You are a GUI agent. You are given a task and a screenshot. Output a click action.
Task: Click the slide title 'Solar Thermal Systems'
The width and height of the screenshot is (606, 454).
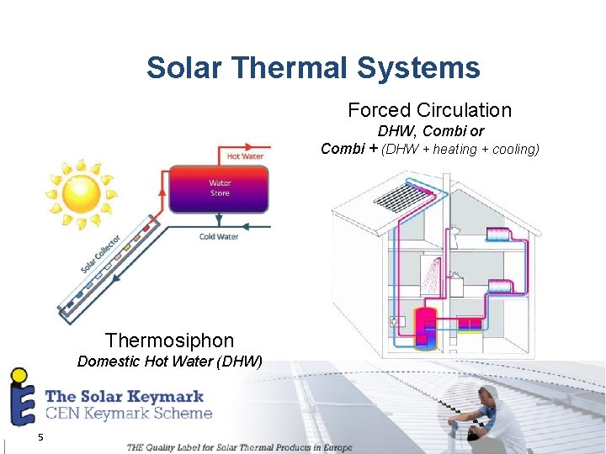point(313,67)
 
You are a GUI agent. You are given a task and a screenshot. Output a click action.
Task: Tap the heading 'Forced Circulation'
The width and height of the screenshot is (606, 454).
point(429,110)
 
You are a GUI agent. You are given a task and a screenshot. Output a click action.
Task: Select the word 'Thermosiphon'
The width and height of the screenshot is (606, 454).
point(169,340)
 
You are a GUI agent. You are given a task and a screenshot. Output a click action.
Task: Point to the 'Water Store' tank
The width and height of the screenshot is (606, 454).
point(220,188)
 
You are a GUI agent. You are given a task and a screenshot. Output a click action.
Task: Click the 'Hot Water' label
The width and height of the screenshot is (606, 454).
point(245,156)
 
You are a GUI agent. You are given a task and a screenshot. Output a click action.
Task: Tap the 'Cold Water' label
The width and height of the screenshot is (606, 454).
point(219,237)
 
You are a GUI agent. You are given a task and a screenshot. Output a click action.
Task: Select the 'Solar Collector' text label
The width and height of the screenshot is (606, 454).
point(100,254)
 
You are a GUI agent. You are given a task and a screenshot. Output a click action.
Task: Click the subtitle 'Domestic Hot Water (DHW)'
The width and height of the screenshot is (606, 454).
point(169,362)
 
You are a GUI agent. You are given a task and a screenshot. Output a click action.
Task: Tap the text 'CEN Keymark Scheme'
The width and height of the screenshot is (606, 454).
point(128,413)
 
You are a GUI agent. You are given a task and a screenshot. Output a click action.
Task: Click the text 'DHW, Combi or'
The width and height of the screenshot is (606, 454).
point(430,131)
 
